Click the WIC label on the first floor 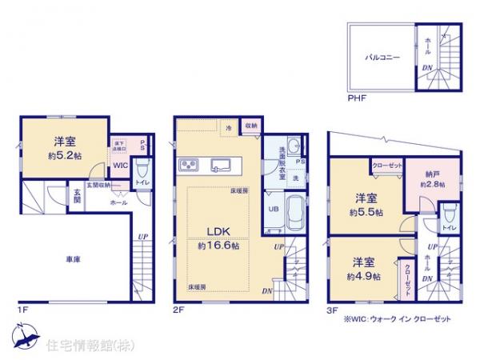[120, 166]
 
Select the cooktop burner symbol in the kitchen [191, 166]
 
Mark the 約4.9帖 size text [364, 275]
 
